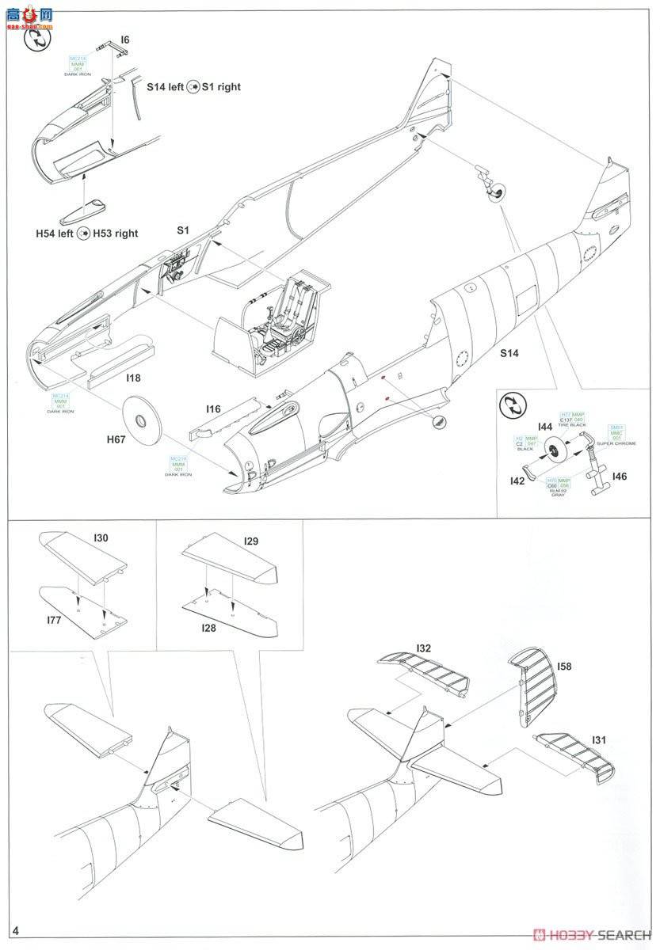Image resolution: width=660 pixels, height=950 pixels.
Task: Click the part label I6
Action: tap(125, 40)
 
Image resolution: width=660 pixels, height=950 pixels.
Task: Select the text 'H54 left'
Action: tap(54, 234)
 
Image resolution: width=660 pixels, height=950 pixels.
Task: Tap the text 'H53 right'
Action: tap(116, 234)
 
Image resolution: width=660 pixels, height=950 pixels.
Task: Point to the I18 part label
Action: tap(134, 378)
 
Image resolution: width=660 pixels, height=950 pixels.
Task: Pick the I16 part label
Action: tap(212, 408)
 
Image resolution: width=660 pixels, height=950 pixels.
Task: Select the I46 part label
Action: tap(620, 477)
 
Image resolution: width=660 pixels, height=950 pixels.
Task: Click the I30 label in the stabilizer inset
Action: tap(101, 538)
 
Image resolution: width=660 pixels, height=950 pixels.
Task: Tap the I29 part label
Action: tap(252, 541)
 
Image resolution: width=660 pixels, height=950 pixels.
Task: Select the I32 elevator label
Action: tap(424, 648)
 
